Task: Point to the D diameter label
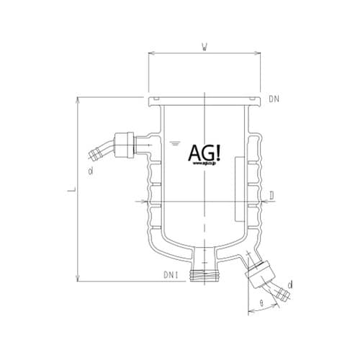(x=271, y=195)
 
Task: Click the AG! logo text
(x=205, y=152)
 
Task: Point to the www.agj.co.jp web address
(x=205, y=165)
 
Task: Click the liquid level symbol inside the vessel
(x=174, y=143)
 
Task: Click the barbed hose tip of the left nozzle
(x=93, y=153)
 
